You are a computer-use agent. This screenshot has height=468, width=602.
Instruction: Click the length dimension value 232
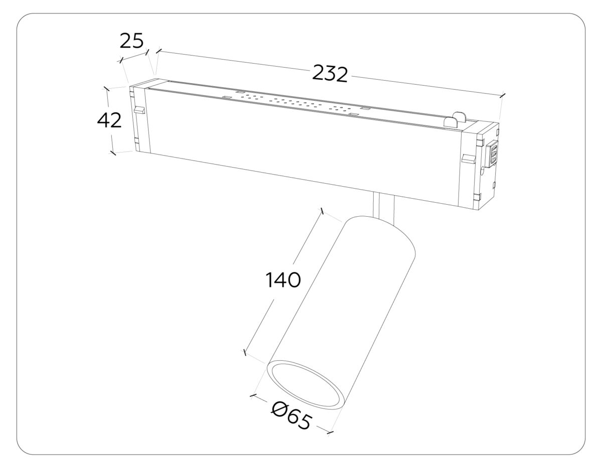coord(330,73)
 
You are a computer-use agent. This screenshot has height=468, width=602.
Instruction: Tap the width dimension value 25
coord(131,41)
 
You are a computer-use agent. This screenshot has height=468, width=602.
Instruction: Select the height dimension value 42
coord(109,120)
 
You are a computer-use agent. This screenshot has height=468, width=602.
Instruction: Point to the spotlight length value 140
coord(283,280)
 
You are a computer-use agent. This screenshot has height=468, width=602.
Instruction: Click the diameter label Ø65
coord(291,416)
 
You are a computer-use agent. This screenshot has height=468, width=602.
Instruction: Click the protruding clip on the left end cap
coord(138,109)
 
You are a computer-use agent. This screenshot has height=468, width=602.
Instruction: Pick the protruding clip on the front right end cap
coord(468,159)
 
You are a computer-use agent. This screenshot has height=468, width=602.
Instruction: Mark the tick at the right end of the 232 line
coord(503,95)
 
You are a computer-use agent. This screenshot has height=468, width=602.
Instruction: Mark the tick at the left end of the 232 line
coord(159,50)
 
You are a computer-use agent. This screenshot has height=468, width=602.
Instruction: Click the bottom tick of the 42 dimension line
coord(113,152)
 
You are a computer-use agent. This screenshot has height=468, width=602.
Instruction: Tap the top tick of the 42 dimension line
coord(106,88)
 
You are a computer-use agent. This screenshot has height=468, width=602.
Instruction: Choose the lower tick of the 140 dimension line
coord(245,353)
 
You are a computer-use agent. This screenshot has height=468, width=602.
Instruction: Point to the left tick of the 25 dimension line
coord(120,61)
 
